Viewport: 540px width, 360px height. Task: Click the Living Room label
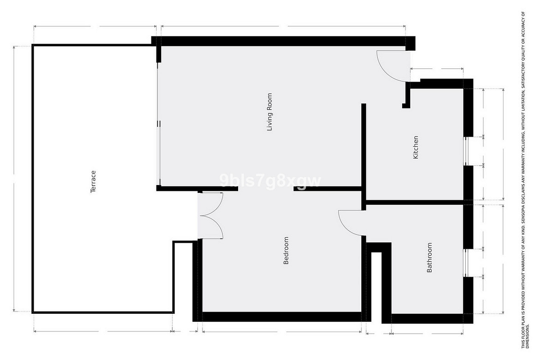pyautogui.click(x=270, y=112)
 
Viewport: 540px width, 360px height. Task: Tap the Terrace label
pyautogui.click(x=93, y=181)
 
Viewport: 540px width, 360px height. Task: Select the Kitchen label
pyautogui.click(x=416, y=147)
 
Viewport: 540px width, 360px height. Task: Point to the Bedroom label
pyautogui.click(x=286, y=251)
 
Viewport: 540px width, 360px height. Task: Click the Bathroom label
pyautogui.click(x=429, y=258)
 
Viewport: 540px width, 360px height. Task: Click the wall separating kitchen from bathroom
pyautogui.click(x=414, y=203)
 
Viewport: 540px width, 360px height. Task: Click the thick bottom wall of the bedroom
pyautogui.click(x=282, y=317)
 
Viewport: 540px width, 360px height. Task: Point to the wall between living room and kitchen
pyautogui.click(x=363, y=157)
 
